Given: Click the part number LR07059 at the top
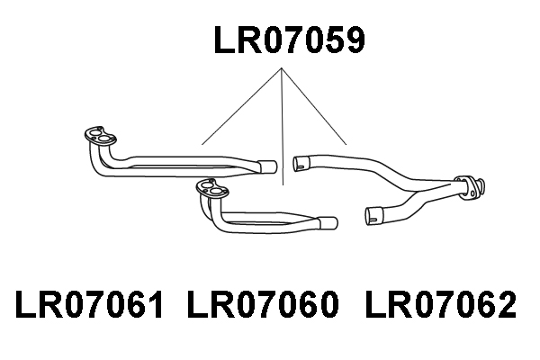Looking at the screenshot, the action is pyautogui.click(x=289, y=40).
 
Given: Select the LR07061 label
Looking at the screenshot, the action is pyautogui.click(x=89, y=304).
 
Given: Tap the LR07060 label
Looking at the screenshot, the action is pyautogui.click(x=264, y=304).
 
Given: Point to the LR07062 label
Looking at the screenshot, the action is pyautogui.click(x=441, y=304).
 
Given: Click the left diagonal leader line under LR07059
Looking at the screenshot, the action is pyautogui.click(x=242, y=106).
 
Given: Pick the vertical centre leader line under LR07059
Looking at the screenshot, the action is pyautogui.click(x=283, y=126).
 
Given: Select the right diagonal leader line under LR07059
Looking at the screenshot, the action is pyautogui.click(x=314, y=106).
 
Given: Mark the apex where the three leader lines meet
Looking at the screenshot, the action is pyautogui.click(x=282, y=67).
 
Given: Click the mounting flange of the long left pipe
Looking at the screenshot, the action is pyautogui.click(x=100, y=135).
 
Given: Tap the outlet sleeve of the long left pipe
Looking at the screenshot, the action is pyautogui.click(x=268, y=166).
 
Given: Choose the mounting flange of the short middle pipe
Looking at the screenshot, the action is pyautogui.click(x=211, y=188).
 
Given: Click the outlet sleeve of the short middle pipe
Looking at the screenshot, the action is pyautogui.click(x=328, y=223).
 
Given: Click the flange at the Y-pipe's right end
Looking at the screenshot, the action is pyautogui.click(x=469, y=188).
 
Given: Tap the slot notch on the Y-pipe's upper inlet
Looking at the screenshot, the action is pyautogui.click(x=301, y=167).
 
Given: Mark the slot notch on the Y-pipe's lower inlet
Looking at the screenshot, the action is pyautogui.click(x=374, y=220).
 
